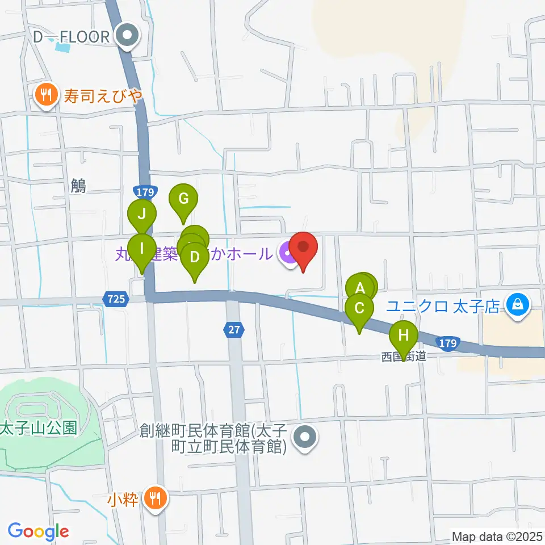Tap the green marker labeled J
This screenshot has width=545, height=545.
click(x=142, y=215)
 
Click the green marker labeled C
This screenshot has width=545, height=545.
click(x=359, y=309)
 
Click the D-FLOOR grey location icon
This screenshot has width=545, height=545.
click(x=128, y=37)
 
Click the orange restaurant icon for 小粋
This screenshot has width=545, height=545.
click(x=154, y=499)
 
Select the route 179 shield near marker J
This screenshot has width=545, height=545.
click(x=144, y=191)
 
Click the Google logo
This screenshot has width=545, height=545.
click(x=37, y=531)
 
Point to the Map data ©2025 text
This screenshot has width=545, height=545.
click(x=497, y=536)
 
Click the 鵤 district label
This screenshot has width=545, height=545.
click(x=79, y=186)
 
